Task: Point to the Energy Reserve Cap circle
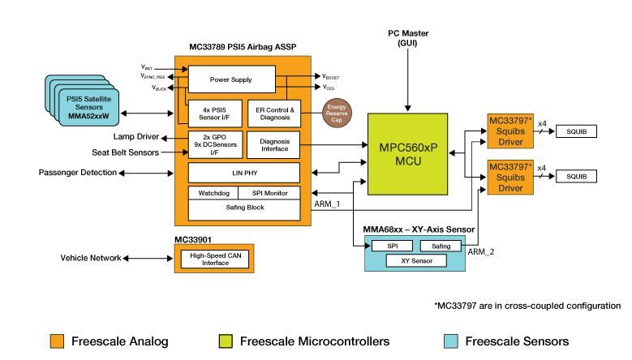[x=335, y=111]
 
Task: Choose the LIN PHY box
[x=243, y=173]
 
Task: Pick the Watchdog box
[x=212, y=193]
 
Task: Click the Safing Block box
[x=243, y=208]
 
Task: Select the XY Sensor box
[x=415, y=261]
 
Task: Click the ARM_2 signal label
[x=482, y=252]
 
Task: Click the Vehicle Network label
[x=90, y=258]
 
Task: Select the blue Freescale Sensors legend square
[x=451, y=341]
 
